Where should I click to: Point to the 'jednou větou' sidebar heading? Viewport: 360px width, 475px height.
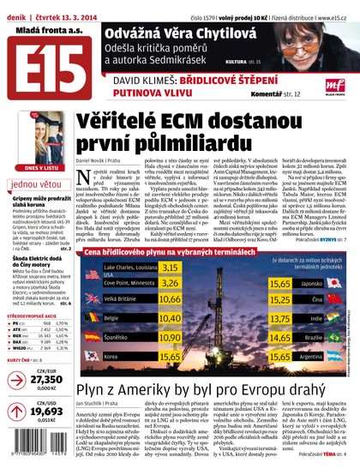pyautogui.click(x=37, y=183)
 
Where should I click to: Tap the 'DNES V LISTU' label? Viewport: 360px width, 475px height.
pyautogui.click(x=37, y=169)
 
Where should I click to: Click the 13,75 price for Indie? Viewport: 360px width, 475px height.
pyautogui.click(x=280, y=318)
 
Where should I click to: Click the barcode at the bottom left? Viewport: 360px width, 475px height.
pyautogui.click(x=35, y=454)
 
